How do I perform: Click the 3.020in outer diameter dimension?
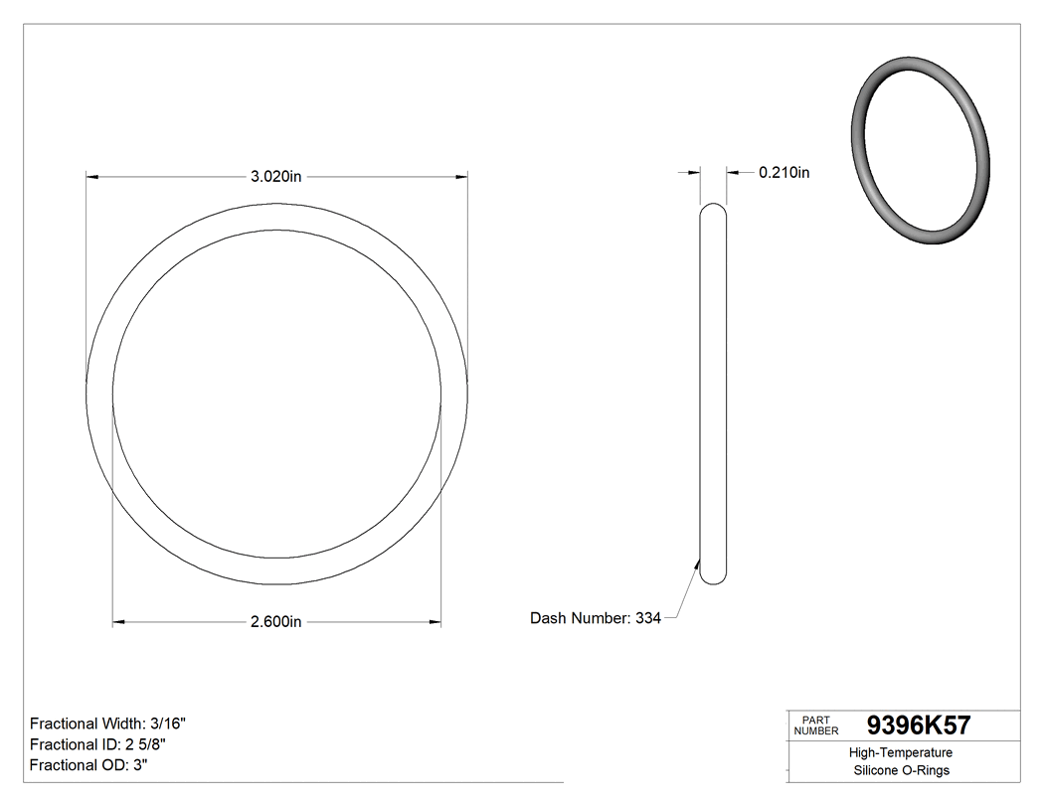276,177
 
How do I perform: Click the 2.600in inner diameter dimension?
276,622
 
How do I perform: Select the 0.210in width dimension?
783,173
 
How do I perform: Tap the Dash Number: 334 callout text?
596,618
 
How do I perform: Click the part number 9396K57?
919,725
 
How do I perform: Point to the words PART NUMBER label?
816,725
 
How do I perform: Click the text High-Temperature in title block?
901,753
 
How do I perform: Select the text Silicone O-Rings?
901,771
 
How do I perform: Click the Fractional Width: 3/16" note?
108,724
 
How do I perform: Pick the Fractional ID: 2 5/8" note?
97,744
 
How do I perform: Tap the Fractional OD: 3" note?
89,765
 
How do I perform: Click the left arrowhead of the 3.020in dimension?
93,177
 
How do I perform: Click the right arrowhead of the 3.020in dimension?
461,177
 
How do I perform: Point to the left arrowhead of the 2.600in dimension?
119,622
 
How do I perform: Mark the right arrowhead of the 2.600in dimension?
435,622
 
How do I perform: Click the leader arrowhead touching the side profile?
697,564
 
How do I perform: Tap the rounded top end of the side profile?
713,211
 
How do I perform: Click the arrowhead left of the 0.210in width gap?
694,173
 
